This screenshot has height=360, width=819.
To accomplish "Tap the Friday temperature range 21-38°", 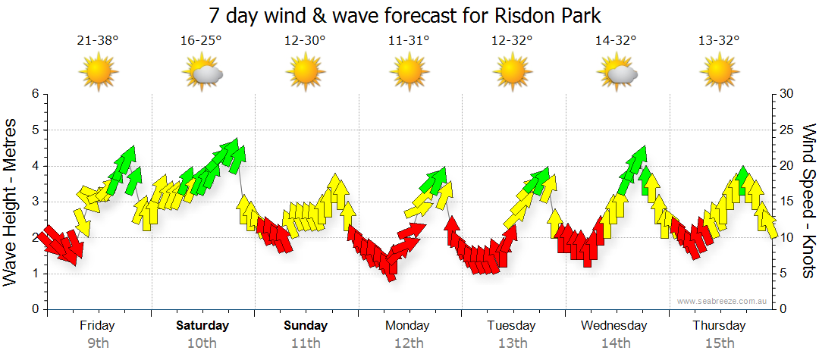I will tap(98, 41).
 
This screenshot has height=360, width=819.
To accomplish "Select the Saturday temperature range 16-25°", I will tap(201, 41).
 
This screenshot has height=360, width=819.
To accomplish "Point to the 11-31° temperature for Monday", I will tap(408, 41).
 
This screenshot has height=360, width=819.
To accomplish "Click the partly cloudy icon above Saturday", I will tap(202, 74).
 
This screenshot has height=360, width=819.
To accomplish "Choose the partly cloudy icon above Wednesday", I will tap(616, 74).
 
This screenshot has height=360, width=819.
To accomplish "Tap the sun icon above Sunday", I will tap(305, 74).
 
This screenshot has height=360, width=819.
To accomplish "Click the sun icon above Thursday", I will tap(719, 74).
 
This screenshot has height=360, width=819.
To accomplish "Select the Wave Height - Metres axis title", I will tap(11, 202).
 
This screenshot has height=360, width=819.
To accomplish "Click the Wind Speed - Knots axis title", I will tap(808, 202).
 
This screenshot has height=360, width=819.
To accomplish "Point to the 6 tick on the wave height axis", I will tap(34, 94).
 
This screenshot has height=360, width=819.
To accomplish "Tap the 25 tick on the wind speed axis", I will tap(787, 130).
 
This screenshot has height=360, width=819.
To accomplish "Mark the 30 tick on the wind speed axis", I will tap(787, 94).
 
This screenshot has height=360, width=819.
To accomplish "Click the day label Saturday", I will tap(202, 326).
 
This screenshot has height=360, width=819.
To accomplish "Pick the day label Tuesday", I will tap(512, 326).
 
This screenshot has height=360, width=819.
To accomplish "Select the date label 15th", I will tap(719, 343).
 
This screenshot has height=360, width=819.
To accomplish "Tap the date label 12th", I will tap(409, 343).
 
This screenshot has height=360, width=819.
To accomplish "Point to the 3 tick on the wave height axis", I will tap(34, 202).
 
